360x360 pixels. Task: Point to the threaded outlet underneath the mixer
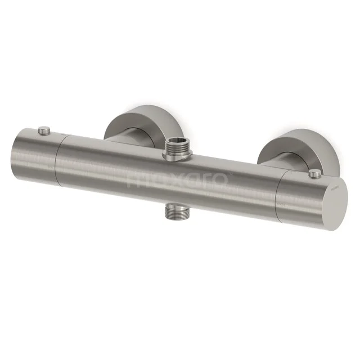click(x=177, y=213)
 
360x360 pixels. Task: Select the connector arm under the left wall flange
click(x=127, y=138)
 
